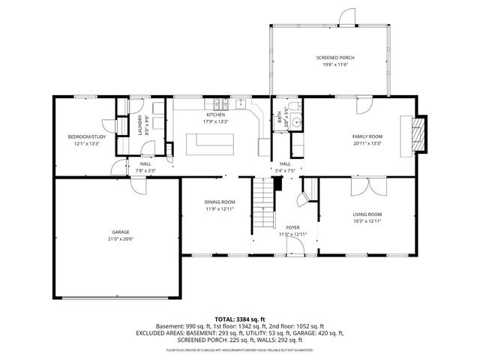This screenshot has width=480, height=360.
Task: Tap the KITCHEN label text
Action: pos(216,115)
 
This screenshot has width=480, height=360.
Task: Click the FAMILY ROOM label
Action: pos(367,136)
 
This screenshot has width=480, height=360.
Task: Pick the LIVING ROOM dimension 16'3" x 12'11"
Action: pos(367,221)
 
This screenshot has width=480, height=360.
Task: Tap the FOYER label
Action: pos(292,227)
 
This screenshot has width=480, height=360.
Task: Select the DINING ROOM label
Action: pos(220,202)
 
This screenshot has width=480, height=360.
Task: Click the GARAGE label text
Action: pos(121,232)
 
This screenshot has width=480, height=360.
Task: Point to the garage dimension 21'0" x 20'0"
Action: pos(121,239)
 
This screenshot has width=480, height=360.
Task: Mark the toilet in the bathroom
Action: pos(298,122)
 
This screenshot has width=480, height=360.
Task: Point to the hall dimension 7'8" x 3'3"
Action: pos(145,170)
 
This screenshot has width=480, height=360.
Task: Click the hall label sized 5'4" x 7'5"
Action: pos(285,164)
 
